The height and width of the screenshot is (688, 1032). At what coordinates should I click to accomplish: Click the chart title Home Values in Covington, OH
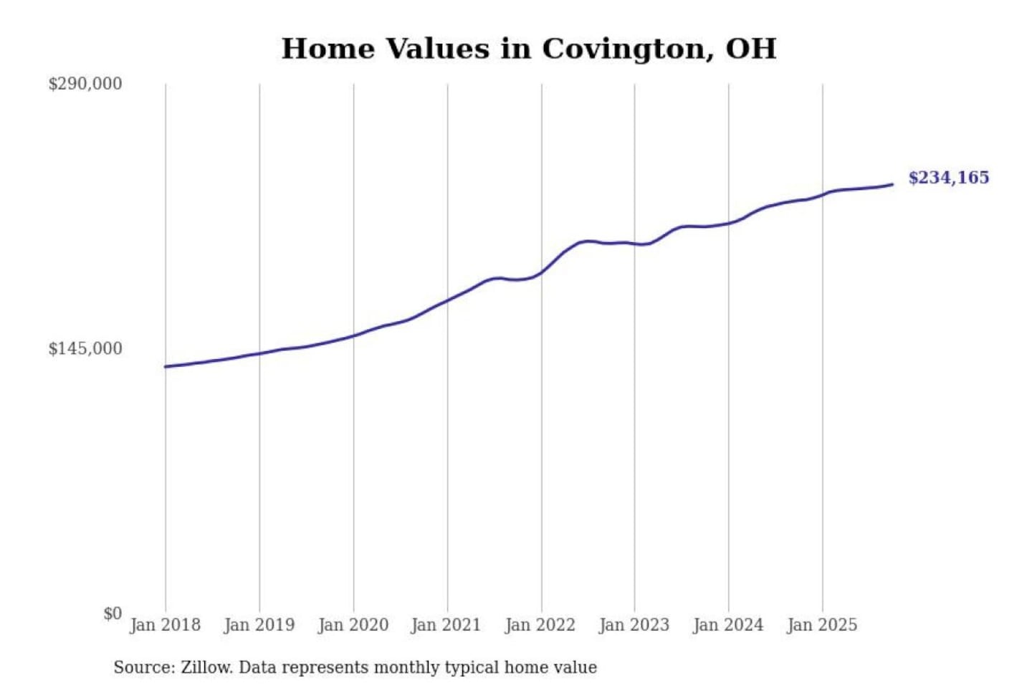[x=529, y=49]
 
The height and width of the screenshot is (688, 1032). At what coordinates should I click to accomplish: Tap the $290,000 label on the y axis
[x=85, y=84]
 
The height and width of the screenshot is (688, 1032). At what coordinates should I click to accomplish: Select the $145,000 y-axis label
[x=85, y=349]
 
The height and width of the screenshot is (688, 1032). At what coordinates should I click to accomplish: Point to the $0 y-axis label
[x=113, y=613]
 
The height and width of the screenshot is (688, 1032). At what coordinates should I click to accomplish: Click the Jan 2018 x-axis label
[x=166, y=625]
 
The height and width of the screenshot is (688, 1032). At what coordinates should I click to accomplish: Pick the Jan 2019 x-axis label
[x=259, y=625]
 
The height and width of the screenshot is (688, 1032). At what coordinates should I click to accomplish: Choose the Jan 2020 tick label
[x=353, y=625]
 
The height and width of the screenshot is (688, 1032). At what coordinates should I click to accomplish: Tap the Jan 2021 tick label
[x=446, y=625]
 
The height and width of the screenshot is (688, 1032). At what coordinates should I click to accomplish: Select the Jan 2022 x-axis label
[x=540, y=625]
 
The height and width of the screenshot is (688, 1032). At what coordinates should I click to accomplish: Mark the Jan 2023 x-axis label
[x=634, y=625]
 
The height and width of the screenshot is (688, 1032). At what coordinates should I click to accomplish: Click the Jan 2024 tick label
[x=728, y=625]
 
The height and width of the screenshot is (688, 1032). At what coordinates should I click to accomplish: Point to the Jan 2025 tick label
[x=822, y=625]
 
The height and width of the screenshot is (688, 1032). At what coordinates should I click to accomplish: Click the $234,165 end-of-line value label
[x=948, y=178]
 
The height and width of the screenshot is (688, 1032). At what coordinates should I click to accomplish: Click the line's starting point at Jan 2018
[x=166, y=367]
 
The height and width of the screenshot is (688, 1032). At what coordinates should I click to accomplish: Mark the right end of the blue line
[x=892, y=185]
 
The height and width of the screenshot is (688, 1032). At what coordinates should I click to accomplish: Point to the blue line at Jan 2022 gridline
[x=542, y=272]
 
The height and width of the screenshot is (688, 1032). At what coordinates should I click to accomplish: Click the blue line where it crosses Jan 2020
[x=353, y=335]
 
